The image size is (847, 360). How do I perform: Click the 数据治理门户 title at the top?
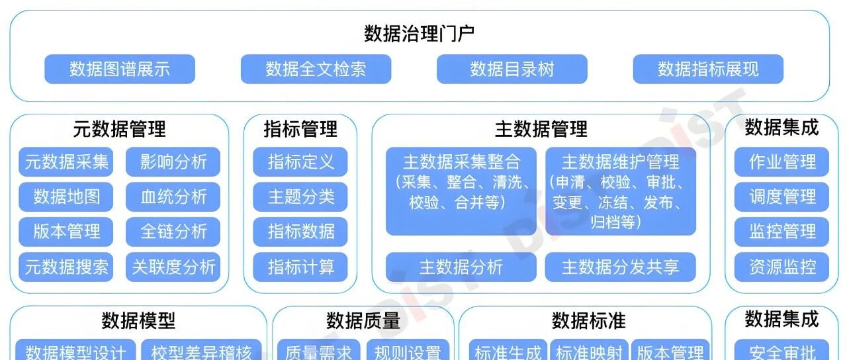(420, 34)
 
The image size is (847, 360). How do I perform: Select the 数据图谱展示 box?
(120, 69)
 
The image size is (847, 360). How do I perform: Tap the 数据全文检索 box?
(316, 69)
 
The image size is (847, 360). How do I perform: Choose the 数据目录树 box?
(512, 69)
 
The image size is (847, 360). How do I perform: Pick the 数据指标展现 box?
(708, 69)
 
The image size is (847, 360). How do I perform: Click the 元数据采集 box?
(66, 161)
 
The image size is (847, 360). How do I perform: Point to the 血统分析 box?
(173, 197)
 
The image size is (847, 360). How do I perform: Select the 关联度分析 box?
(173, 267)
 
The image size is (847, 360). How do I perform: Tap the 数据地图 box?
(66, 197)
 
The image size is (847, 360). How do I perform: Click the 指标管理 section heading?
(300, 128)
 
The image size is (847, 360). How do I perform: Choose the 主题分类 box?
(300, 197)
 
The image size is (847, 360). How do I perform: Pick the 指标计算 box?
(300, 267)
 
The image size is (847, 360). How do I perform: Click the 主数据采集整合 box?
(461, 191)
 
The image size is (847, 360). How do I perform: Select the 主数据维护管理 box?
(621, 191)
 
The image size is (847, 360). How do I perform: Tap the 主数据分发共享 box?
(621, 267)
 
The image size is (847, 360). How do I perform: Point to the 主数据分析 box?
(461, 267)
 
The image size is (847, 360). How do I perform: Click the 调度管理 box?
(782, 197)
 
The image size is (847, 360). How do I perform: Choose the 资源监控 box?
(782, 267)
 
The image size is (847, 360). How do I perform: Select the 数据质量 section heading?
(363, 321)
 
